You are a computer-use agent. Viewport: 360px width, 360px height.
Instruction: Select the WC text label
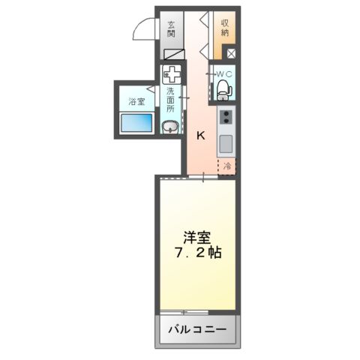point(224,73)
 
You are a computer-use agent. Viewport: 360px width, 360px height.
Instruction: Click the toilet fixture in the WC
point(223,89)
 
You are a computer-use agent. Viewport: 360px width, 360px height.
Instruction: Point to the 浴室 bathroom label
point(135,100)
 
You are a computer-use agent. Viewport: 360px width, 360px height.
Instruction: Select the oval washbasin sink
point(171,125)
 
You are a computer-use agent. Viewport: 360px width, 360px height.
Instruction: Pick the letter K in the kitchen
point(200,136)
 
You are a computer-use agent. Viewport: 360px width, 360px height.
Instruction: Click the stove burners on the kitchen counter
point(226,117)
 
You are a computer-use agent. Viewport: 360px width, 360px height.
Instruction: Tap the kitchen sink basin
point(226,142)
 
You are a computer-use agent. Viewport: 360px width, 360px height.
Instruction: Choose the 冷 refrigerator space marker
point(226,167)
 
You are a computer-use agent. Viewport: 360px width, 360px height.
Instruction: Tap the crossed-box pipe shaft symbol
point(229,54)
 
